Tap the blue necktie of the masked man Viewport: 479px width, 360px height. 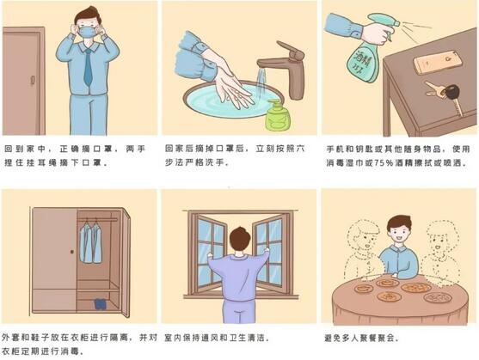pyautogui.click(x=88, y=68)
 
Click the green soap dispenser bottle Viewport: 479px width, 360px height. pyautogui.click(x=277, y=114)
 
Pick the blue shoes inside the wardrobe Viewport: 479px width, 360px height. pyautogui.click(x=101, y=303)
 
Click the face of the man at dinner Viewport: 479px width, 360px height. pyautogui.click(x=398, y=231)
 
